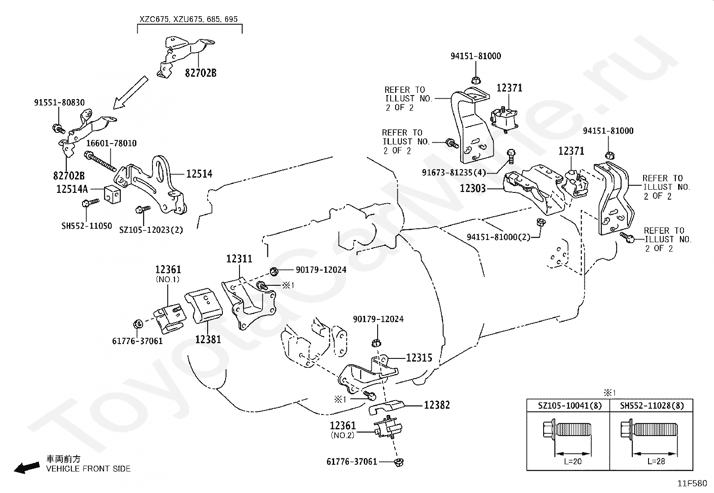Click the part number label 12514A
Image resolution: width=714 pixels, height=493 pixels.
pos(72,189)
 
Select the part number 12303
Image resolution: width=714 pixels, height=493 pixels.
pos(473,188)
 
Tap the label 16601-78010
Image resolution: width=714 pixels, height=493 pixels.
pos(112,143)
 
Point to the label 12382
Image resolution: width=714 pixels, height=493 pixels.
pos(437,405)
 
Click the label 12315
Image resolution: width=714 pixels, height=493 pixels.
pos(419,358)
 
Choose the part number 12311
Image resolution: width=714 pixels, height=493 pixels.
pos(239,259)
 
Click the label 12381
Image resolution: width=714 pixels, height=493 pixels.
pos(208,340)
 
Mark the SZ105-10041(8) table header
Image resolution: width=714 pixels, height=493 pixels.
pos(570,406)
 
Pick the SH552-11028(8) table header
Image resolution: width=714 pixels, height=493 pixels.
pos(652,406)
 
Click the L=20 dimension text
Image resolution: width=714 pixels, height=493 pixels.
pos(573,461)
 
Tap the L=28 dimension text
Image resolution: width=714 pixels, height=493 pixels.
pos(656,461)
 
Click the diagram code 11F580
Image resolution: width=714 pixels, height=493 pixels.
pos(692,484)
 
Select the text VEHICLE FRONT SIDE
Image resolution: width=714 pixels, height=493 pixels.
pos(88,469)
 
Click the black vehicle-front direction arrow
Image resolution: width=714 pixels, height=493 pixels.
pos(27,468)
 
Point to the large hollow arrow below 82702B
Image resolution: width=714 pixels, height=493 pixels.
pos(131,92)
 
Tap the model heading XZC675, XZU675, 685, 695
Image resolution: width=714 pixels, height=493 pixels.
pos(189,19)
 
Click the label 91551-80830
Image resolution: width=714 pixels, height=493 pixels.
pos(59,103)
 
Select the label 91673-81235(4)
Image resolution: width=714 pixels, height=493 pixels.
pos(454,173)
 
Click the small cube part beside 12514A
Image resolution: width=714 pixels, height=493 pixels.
pos(112,194)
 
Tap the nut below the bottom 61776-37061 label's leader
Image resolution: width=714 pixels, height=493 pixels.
pos(399,462)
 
